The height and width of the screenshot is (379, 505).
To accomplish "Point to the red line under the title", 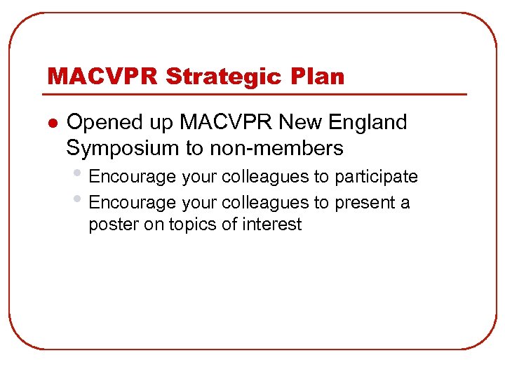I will [256, 94].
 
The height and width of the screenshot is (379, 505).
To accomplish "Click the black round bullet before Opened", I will [50, 123].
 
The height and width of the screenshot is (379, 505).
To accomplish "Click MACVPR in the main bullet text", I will [225, 122].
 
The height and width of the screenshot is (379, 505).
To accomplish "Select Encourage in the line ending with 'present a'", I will [133, 203].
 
